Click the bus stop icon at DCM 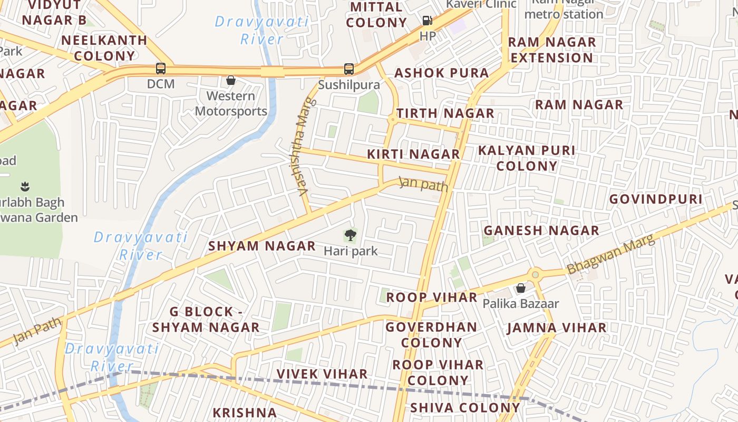(x=161, y=69)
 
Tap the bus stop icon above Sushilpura (x=348, y=69)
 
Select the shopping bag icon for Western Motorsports (x=230, y=80)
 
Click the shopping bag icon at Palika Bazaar (x=521, y=288)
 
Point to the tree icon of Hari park (x=350, y=235)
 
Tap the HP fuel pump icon (x=427, y=21)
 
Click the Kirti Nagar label (x=413, y=154)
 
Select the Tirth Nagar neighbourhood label (x=445, y=113)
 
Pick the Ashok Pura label (x=442, y=73)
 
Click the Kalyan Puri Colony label (x=527, y=158)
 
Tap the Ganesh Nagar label (x=541, y=231)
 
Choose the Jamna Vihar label (x=557, y=328)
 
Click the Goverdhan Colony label (x=431, y=334)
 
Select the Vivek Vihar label (x=322, y=374)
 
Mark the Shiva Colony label (x=465, y=407)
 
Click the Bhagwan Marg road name (x=611, y=254)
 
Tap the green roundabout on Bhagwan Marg (x=536, y=274)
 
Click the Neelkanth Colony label (x=104, y=47)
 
